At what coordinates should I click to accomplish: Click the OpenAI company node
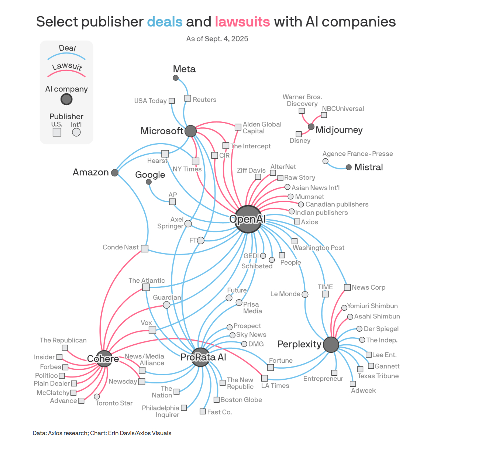[248, 219]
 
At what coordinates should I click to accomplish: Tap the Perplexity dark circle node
[331, 345]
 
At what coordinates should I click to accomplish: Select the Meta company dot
[176, 78]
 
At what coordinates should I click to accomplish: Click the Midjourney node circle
[311, 127]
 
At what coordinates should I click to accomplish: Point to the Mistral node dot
[349, 167]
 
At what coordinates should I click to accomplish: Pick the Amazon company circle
[115, 173]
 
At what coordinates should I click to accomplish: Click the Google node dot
[149, 182]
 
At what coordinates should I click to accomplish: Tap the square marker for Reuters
[188, 99]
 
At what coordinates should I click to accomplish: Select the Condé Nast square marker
[145, 249]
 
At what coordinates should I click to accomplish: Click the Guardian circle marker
[166, 305]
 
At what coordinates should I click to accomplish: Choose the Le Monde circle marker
[305, 294]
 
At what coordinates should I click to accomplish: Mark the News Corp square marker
[347, 287]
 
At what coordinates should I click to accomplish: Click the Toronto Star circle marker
[97, 396]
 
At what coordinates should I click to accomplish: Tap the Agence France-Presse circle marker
[326, 161]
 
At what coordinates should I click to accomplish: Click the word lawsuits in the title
[242, 22]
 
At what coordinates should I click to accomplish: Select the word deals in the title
[165, 22]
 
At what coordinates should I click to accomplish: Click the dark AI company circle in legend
[66, 99]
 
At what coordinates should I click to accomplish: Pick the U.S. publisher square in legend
[57, 132]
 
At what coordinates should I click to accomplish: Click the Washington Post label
[319, 248]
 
